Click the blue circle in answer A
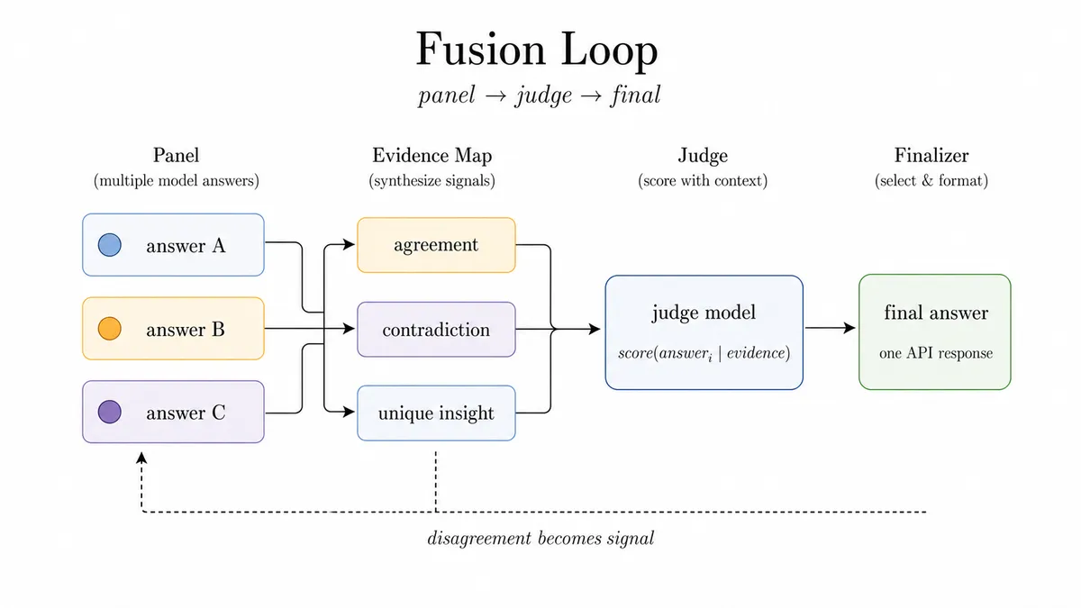click(110, 245)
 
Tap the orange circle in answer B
click(110, 329)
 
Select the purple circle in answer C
click(110, 413)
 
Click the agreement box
click(436, 245)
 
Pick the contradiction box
click(436, 330)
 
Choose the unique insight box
click(436, 413)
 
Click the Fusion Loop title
click(537, 50)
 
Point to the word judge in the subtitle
click(544, 95)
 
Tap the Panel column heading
click(177, 155)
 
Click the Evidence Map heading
click(431, 156)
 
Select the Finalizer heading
click(931, 155)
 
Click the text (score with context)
click(703, 181)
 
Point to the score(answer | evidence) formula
click(704, 354)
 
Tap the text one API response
click(936, 353)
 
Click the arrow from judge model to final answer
click(830, 328)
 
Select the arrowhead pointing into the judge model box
click(595, 329)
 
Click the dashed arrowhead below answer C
click(141, 458)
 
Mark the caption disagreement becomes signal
click(540, 539)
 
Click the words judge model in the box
click(704, 313)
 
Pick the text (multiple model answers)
click(177, 181)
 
